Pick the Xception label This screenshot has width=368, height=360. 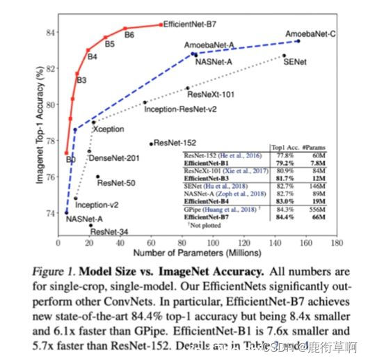[109, 130]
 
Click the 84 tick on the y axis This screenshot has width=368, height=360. [49, 31]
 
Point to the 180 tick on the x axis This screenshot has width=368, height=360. [337, 244]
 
